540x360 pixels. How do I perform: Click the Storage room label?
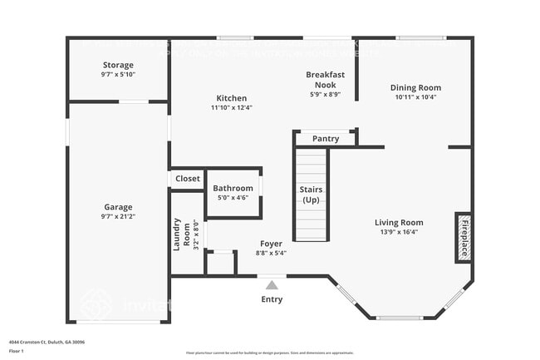pyautogui.click(x=118, y=65)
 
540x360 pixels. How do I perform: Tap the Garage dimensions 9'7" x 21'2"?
pyautogui.click(x=118, y=218)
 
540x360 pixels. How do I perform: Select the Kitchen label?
pyautogui.click(x=231, y=97)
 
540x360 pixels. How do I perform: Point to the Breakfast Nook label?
pyautogui.click(x=325, y=79)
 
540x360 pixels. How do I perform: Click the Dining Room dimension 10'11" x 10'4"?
pyautogui.click(x=416, y=97)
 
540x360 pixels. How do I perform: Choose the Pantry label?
pyautogui.click(x=326, y=139)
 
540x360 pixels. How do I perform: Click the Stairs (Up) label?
pyautogui.click(x=311, y=195)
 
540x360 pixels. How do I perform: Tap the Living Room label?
pyautogui.click(x=399, y=222)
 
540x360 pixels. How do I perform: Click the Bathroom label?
pyautogui.click(x=233, y=188)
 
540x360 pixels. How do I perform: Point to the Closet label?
pyautogui.click(x=187, y=179)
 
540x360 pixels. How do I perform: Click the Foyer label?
pyautogui.click(x=270, y=244)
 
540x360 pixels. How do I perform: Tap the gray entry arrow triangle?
pyautogui.click(x=272, y=284)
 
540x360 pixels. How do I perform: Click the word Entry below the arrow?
pyautogui.click(x=272, y=299)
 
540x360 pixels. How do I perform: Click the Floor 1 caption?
pyautogui.click(x=17, y=352)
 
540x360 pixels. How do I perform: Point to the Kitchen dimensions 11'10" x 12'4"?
pyautogui.click(x=231, y=107)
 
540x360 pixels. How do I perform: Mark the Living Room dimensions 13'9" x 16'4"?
pyautogui.click(x=399, y=232)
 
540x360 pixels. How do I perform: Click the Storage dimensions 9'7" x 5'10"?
pyautogui.click(x=118, y=75)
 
